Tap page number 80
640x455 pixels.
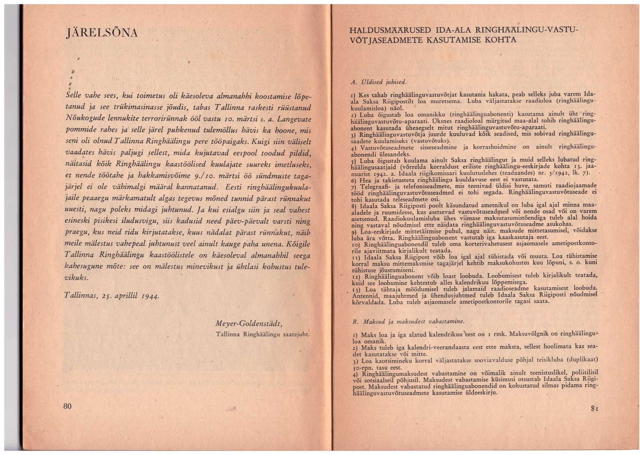click(67, 406)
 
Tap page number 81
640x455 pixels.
click(594, 408)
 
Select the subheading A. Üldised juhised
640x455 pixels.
click(378, 82)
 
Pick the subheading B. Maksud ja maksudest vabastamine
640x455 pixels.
click(408, 321)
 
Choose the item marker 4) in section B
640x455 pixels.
click(355, 375)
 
